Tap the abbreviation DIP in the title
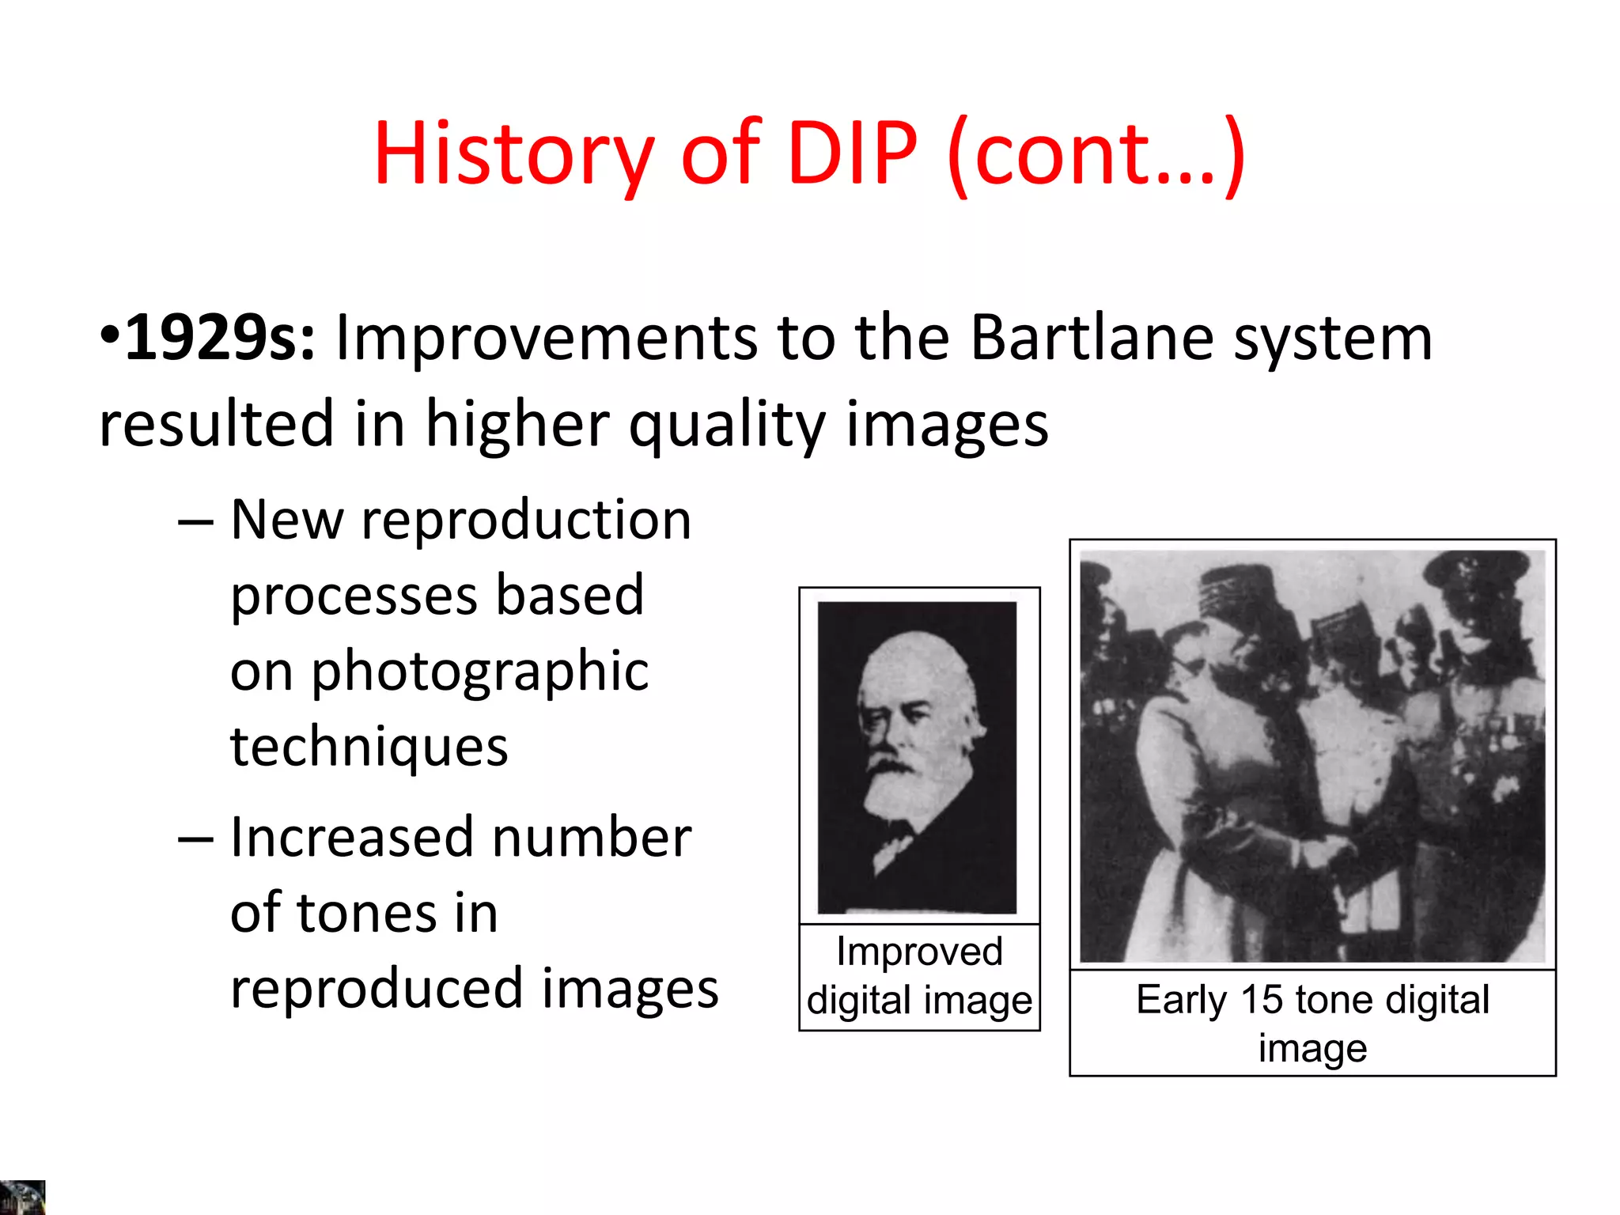852,153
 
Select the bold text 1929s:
219,339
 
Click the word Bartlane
1092,339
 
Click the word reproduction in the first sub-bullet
526,520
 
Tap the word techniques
369,747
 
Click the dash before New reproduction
195,523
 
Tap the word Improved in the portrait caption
919,952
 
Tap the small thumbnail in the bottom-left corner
22,1198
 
